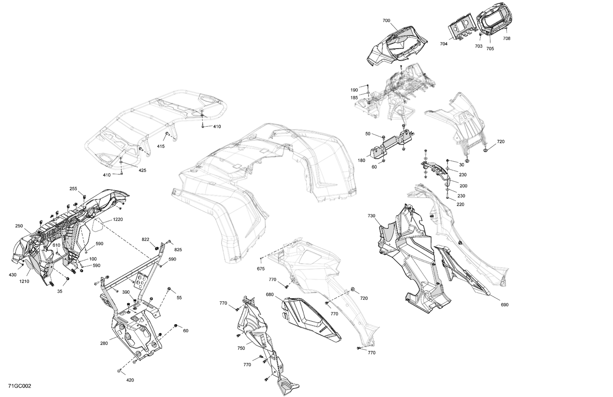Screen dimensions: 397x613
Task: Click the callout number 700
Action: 386,20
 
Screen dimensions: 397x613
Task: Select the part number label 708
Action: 506,38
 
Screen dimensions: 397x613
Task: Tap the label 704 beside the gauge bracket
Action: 444,44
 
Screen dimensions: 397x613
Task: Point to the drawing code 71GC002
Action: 20,386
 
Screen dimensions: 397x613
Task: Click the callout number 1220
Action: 118,219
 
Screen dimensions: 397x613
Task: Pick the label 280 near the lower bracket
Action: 104,343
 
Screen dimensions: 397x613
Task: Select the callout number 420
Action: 130,380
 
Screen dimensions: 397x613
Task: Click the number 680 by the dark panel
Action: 269,294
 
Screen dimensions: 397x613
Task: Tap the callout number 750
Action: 241,348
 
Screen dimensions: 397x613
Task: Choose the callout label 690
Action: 504,305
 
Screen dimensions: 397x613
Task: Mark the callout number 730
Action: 371,216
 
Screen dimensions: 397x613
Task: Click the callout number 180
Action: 361,161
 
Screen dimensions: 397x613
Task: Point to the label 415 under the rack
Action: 161,146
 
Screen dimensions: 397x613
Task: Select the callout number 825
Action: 178,250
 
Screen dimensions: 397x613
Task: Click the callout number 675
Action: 261,268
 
